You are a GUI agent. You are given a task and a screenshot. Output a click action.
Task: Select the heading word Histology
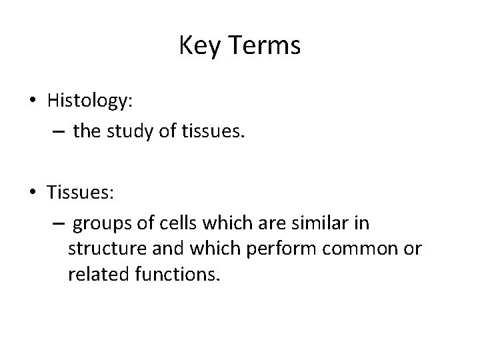[90, 101]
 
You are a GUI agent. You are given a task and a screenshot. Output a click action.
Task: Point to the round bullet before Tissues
[32, 193]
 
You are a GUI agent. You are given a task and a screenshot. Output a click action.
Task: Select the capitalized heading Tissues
[81, 193]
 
